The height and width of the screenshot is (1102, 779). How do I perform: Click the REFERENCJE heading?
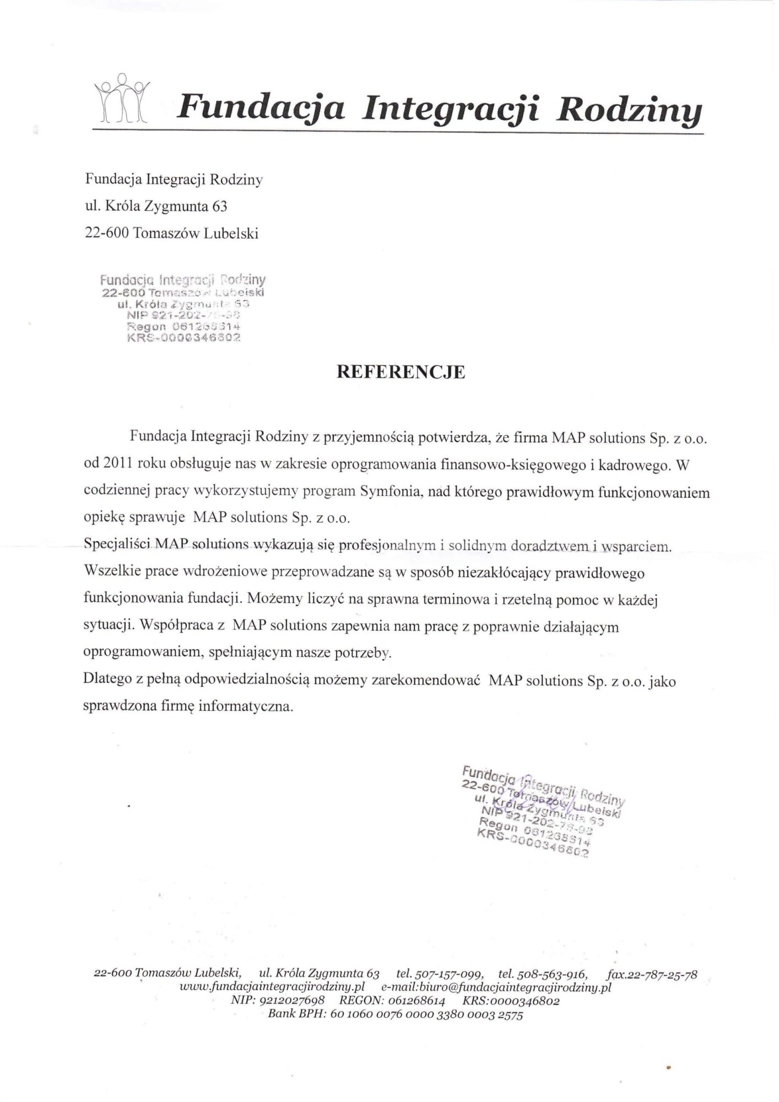click(401, 372)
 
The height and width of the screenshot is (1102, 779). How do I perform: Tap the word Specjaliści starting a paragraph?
click(117, 546)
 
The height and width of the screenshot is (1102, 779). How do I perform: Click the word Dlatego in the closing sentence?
click(105, 682)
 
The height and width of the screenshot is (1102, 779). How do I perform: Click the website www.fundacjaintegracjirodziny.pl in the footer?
click(270, 987)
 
